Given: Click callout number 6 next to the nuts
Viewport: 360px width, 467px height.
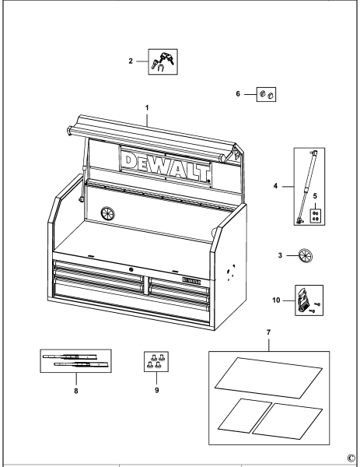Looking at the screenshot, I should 239,94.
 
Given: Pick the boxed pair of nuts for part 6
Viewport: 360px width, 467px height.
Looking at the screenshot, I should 267,95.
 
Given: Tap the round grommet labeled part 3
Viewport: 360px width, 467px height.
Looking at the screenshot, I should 306,255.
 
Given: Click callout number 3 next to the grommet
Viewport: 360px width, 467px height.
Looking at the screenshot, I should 281,255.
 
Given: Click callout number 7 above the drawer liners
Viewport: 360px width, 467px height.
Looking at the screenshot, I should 270,333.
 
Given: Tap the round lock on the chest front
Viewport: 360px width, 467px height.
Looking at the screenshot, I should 131,269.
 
